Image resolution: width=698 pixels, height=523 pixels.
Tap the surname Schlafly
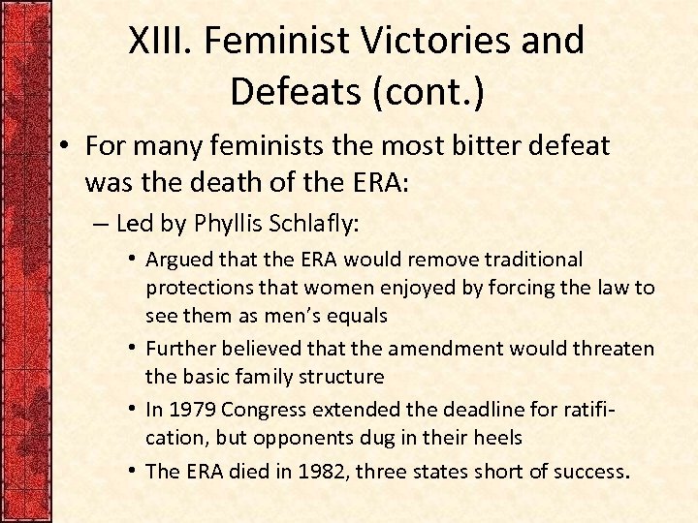316,225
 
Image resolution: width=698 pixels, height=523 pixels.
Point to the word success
593,472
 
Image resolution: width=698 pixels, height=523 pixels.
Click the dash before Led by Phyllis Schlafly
101,225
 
